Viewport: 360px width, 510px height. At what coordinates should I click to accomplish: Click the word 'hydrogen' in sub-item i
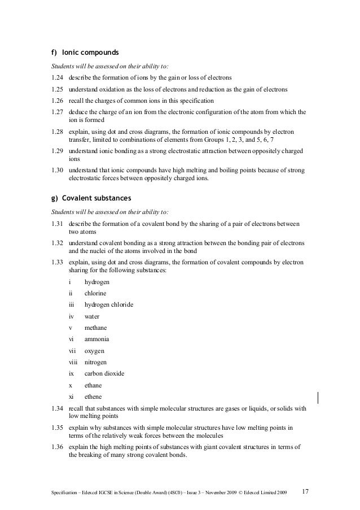(97, 282)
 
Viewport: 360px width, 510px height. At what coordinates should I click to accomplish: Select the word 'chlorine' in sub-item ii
(95, 293)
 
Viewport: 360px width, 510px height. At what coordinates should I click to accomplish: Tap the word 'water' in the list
(93, 316)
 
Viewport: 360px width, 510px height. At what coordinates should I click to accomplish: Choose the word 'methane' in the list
(95, 328)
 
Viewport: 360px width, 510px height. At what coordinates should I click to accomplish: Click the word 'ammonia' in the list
(97, 339)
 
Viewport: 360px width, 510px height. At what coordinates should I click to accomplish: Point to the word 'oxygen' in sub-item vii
(95, 351)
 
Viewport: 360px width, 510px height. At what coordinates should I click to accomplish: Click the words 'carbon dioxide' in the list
(104, 373)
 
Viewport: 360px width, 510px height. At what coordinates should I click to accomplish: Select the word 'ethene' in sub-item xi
(94, 396)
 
